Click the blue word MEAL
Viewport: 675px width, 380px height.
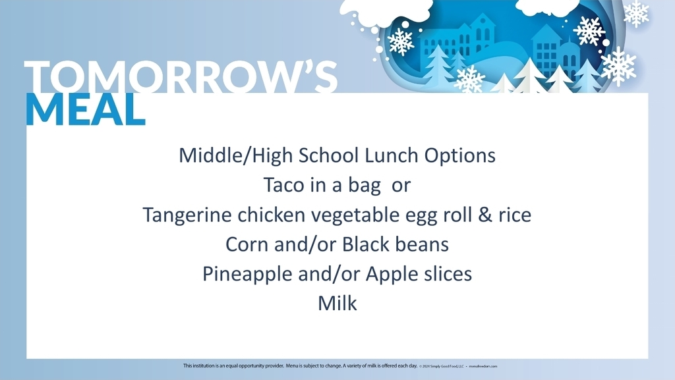(85, 109)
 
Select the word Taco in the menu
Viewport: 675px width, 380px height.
(283, 185)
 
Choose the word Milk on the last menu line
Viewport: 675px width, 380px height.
(337, 303)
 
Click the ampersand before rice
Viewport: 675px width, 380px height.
(486, 215)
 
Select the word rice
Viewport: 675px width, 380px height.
(515, 215)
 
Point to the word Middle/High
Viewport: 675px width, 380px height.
(237, 156)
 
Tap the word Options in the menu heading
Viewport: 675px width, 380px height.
(459, 156)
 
